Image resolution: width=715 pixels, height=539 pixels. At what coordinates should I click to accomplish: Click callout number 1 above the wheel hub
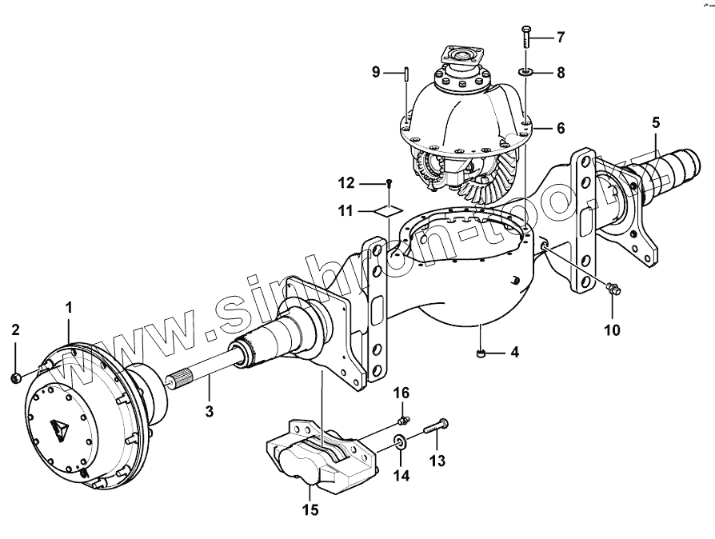[x=69, y=306]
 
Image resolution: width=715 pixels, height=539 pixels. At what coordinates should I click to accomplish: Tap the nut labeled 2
[x=16, y=376]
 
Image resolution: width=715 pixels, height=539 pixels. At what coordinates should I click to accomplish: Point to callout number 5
[x=656, y=122]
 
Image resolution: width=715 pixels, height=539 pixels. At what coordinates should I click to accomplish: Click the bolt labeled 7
[x=525, y=37]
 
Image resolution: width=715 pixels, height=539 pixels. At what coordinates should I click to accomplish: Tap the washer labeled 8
[x=525, y=73]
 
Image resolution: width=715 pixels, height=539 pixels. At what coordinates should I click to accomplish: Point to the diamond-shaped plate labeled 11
[x=388, y=210]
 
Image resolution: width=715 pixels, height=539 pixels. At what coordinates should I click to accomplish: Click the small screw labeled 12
[x=389, y=183]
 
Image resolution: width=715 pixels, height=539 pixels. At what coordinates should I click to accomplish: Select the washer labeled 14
[x=399, y=440]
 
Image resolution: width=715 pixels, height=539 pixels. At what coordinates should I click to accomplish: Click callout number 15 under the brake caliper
[x=310, y=509]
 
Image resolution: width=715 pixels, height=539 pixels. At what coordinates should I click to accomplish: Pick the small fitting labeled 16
[x=404, y=419]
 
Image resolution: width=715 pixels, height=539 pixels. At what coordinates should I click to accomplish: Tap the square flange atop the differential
[x=461, y=58]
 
